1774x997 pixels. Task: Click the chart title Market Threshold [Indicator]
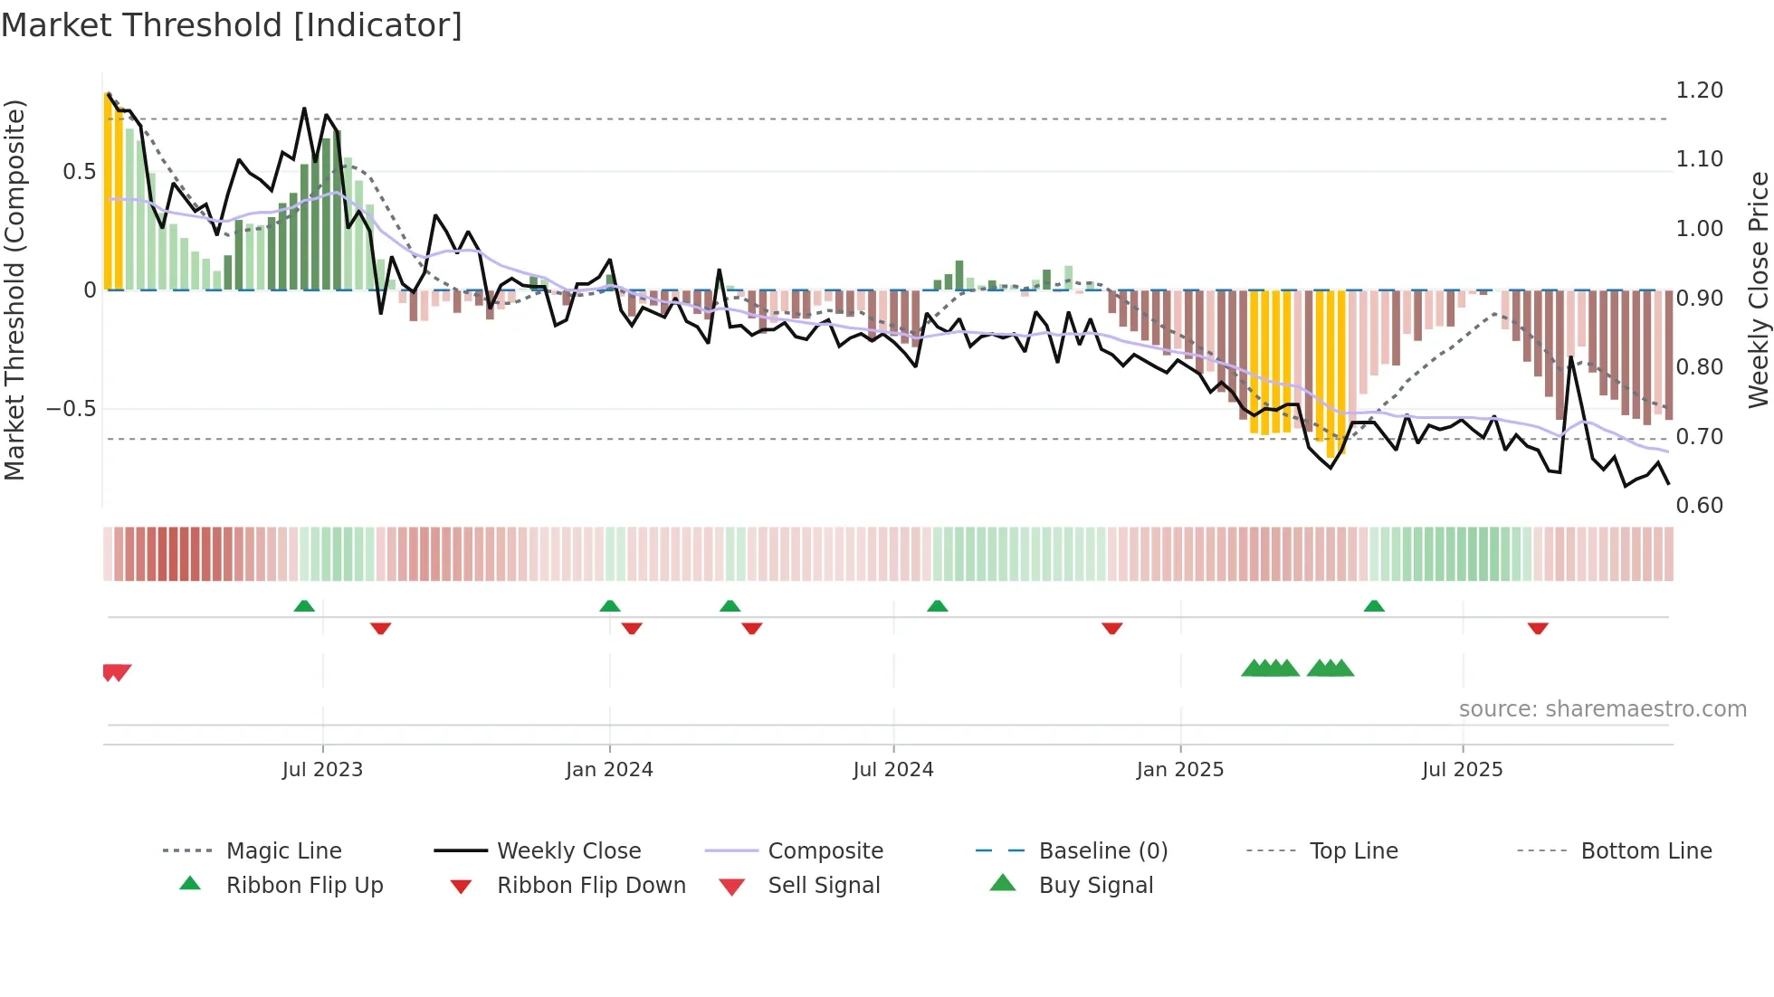coord(232,25)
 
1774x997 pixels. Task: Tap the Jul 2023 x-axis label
coord(322,770)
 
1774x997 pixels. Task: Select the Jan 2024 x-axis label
coord(609,770)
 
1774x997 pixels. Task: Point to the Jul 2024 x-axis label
coord(893,770)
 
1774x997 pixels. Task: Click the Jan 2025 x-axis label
coord(1180,770)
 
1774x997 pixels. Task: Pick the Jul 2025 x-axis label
coord(1463,770)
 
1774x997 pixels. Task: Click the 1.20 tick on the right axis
coord(1699,90)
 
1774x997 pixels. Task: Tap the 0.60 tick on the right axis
coord(1699,506)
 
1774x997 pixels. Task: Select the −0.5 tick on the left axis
coord(71,409)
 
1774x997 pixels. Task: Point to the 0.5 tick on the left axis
coord(79,172)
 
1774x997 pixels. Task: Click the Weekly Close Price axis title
coord(1758,290)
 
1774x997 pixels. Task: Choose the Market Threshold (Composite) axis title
coord(14,290)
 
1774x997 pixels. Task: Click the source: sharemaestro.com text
coord(1602,709)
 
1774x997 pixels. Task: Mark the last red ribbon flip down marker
coord(1538,628)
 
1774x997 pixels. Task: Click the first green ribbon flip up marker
coord(304,606)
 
